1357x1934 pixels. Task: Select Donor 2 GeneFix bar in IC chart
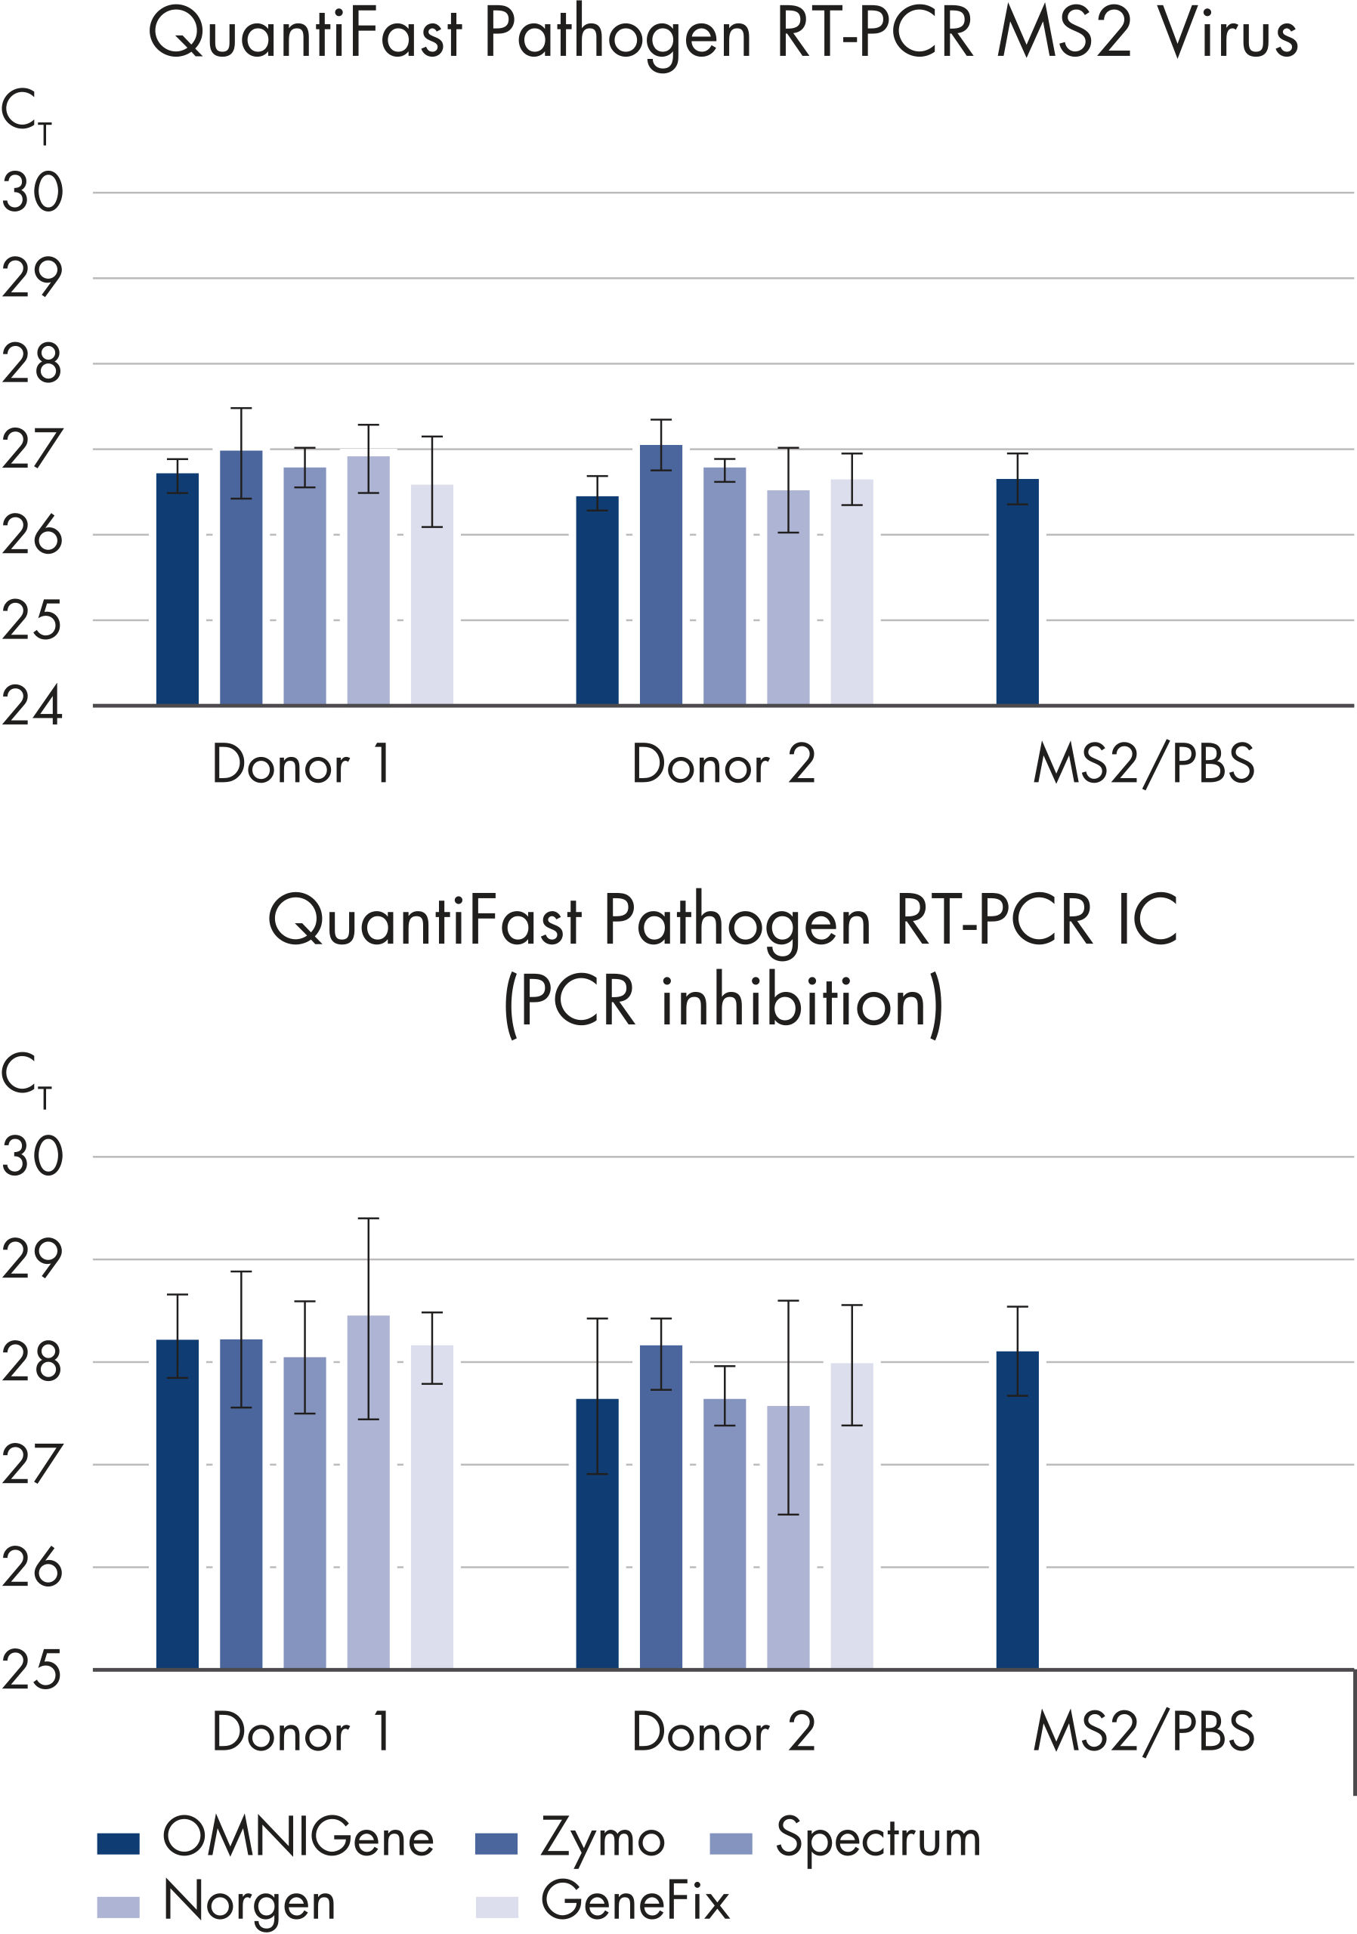click(x=852, y=1516)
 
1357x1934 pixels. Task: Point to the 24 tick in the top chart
click(x=32, y=706)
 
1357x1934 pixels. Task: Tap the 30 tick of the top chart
click(x=32, y=193)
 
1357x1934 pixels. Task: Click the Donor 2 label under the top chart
click(x=723, y=764)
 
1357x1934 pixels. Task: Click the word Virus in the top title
click(x=1226, y=36)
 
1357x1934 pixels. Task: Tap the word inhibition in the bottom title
click(x=800, y=1003)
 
